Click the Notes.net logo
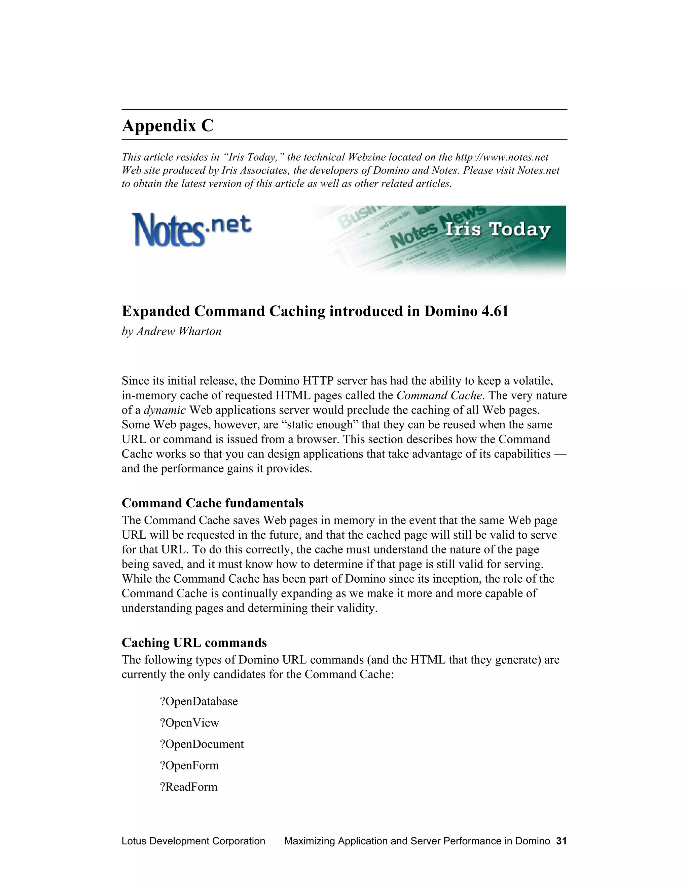191,230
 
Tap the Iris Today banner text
498,229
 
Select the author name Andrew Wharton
179,331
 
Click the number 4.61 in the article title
495,311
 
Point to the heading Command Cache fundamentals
212,503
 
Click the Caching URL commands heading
194,643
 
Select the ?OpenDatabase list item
198,701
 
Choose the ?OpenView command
189,723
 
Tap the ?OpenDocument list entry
202,744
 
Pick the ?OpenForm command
189,765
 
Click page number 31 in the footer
561,841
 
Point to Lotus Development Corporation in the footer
193,841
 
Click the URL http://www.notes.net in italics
502,157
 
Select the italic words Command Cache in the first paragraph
439,395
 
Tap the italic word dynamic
165,410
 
